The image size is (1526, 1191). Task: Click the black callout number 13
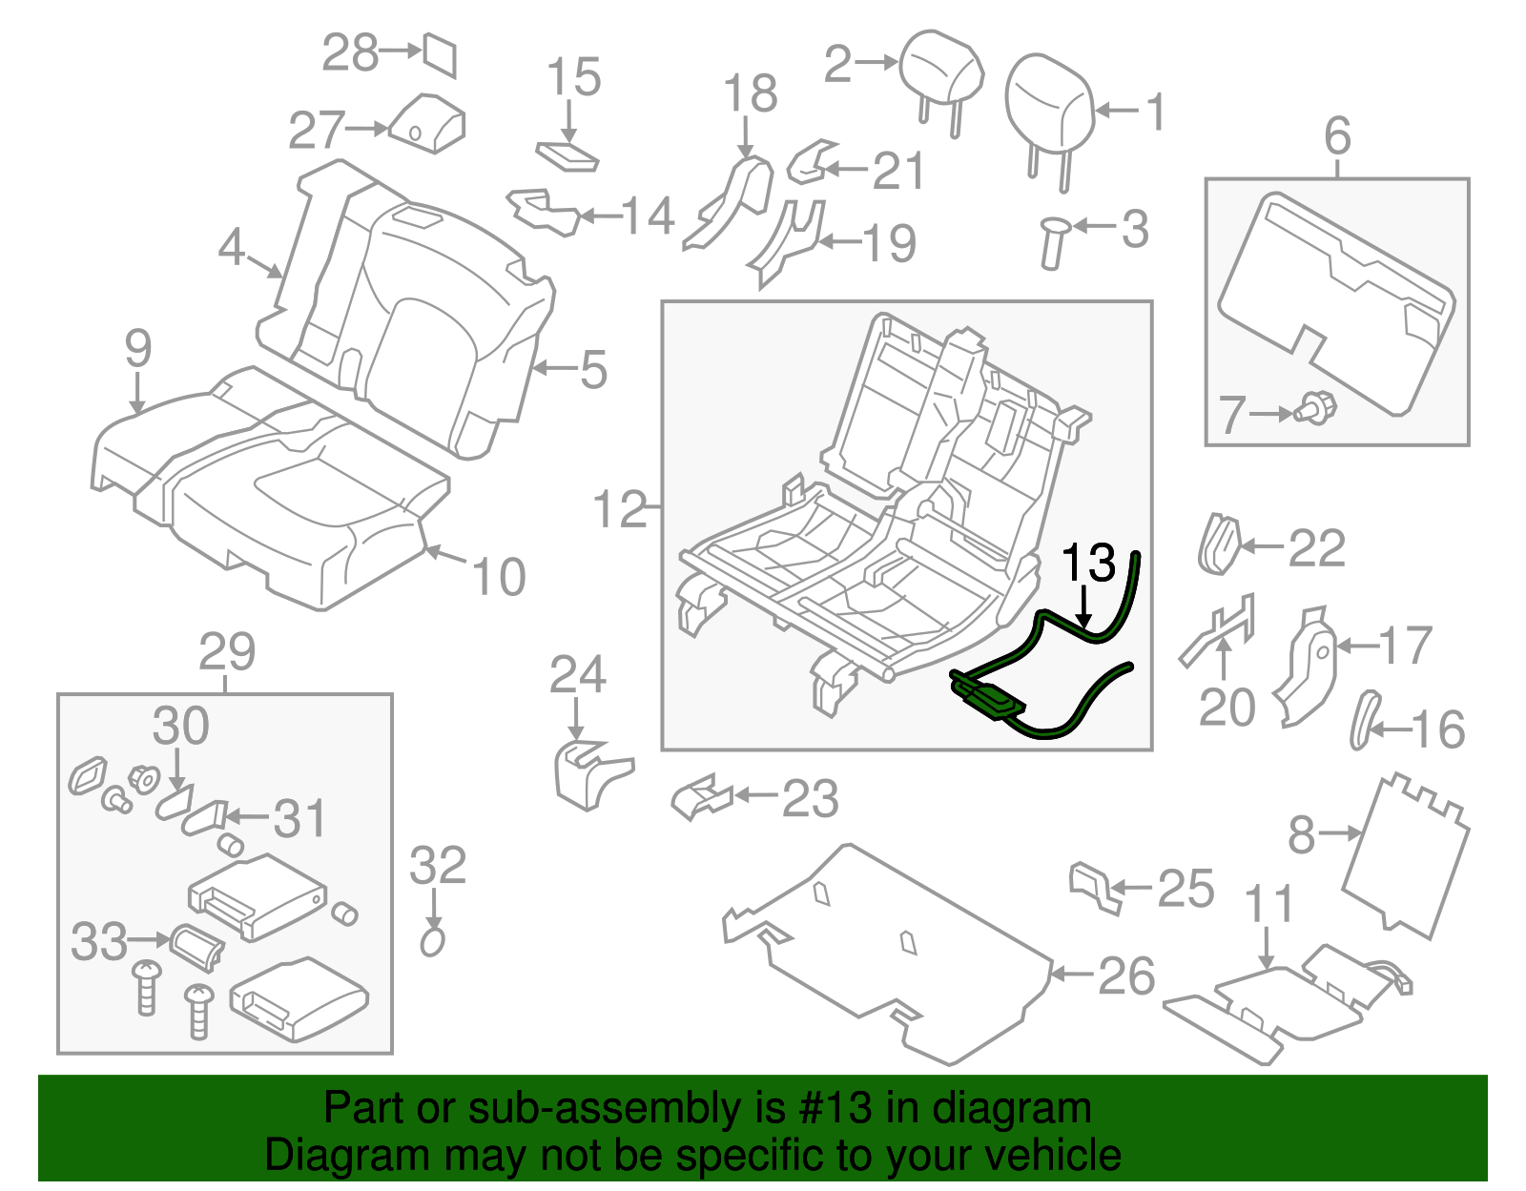[x=1087, y=564]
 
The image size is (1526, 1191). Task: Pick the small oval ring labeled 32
[x=432, y=942]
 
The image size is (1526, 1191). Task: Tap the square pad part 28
[x=441, y=55]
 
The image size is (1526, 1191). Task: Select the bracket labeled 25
[x=1092, y=886]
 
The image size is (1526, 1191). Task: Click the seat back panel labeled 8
[x=1404, y=853]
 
